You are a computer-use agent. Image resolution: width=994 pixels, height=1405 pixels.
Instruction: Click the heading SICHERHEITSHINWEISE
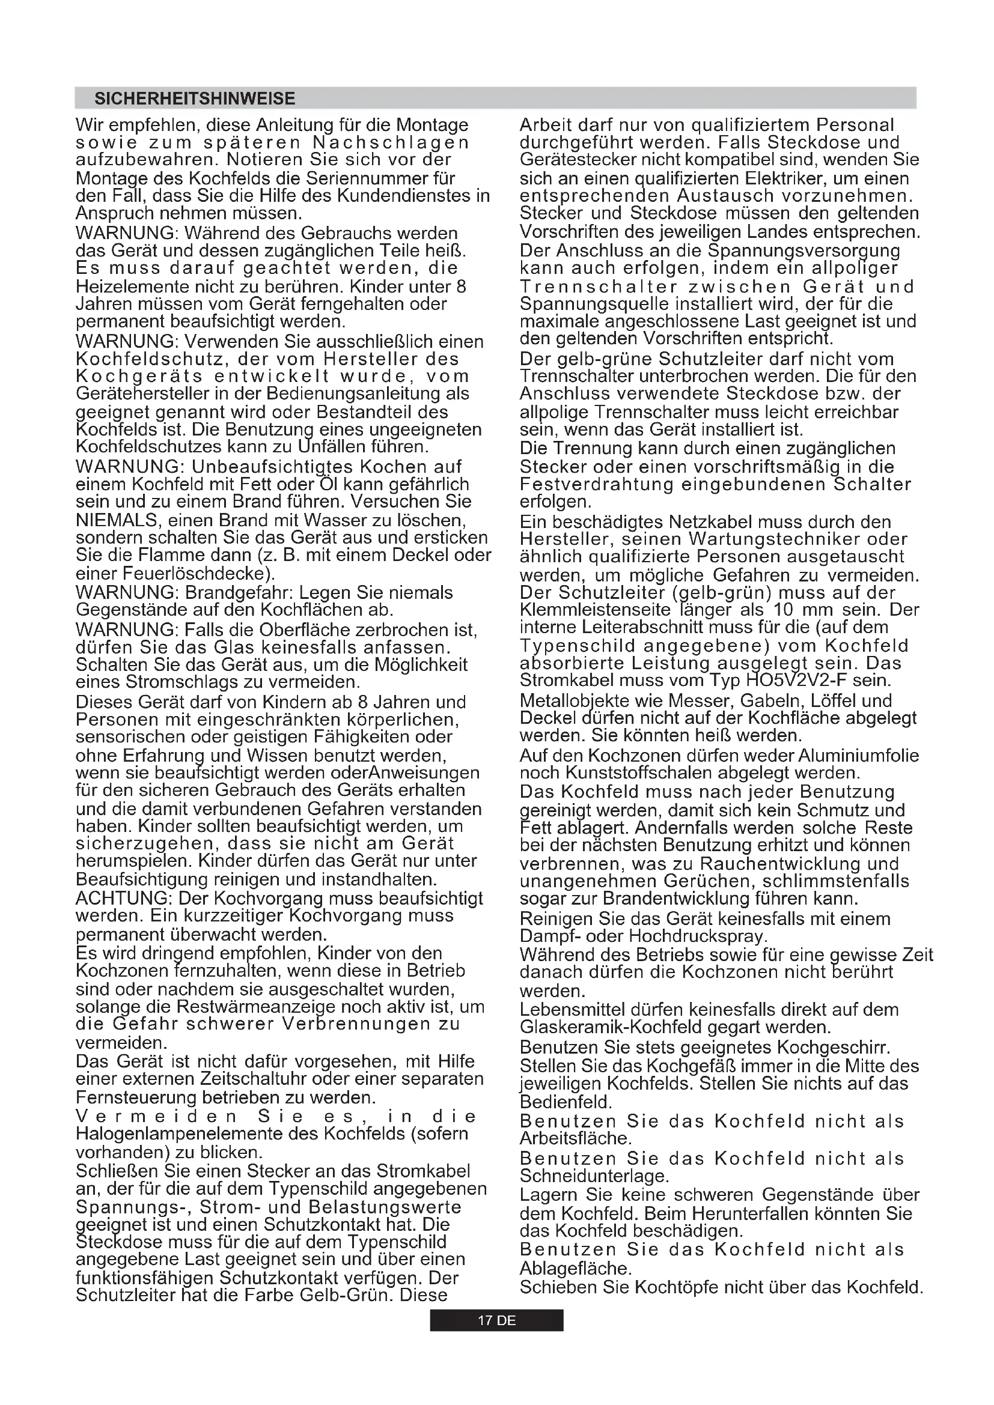point(195,99)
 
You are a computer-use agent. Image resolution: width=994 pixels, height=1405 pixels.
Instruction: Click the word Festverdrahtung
point(596,485)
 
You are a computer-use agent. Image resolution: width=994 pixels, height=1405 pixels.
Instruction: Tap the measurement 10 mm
point(803,610)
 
